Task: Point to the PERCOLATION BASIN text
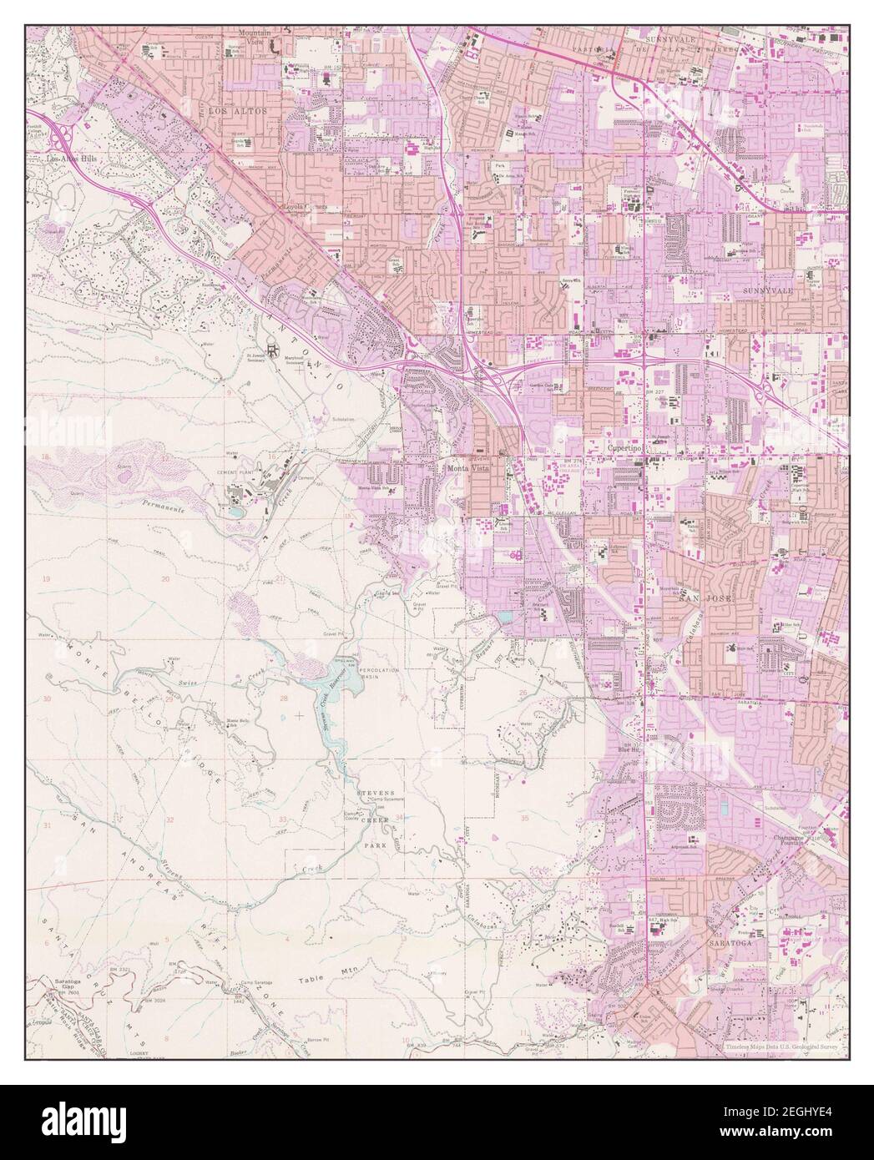[380, 674]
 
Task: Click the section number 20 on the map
[165, 578]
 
